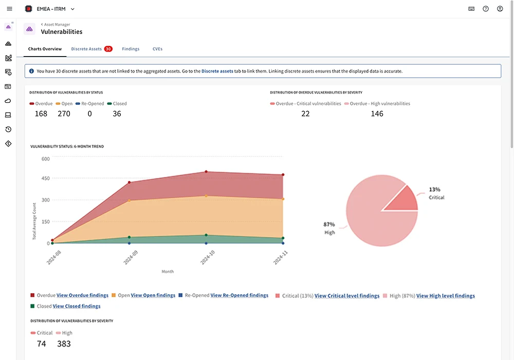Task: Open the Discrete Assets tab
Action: (86, 49)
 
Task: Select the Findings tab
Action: (131, 49)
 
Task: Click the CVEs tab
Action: (158, 49)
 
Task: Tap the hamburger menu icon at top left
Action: (9, 9)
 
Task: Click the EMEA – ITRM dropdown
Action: (50, 9)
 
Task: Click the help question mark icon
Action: (486, 9)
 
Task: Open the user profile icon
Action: (500, 9)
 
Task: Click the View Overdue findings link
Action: (82, 296)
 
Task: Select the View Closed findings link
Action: (77, 307)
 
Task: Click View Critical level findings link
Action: (347, 296)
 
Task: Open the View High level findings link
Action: (446, 296)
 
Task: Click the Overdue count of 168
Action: (41, 114)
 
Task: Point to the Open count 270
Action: (64, 114)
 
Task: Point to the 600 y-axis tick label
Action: (45, 159)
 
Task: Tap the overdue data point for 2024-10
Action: (206, 172)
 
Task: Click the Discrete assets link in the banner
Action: (217, 71)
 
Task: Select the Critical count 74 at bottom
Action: (42, 344)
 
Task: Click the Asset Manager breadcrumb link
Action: (57, 24)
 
